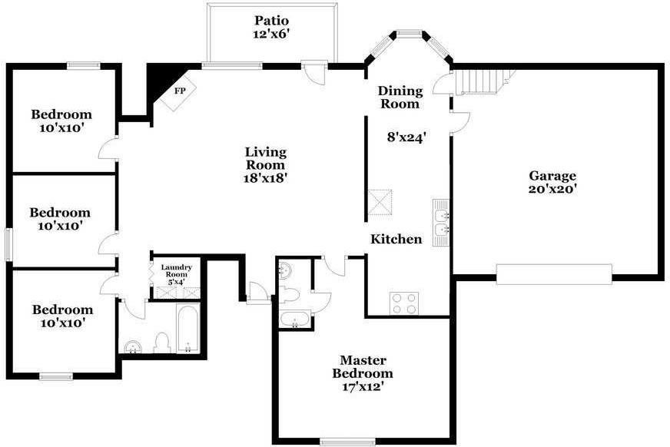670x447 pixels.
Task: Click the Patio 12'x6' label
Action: click(x=272, y=28)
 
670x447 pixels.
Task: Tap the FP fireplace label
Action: click(x=180, y=91)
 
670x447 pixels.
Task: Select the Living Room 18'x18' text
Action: click(x=265, y=165)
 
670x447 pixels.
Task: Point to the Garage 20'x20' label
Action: click(x=552, y=182)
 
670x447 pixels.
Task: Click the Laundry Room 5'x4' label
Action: click(x=176, y=274)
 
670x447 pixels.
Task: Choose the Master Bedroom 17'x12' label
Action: click(x=363, y=373)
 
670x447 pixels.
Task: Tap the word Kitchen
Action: click(x=396, y=239)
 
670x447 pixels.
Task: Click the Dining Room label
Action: click(x=400, y=98)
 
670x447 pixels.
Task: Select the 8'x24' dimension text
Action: click(x=406, y=137)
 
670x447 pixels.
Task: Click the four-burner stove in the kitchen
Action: click(x=404, y=303)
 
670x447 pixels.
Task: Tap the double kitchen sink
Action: click(x=441, y=223)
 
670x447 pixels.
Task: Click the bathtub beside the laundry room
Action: click(x=187, y=328)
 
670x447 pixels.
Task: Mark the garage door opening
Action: click(x=554, y=274)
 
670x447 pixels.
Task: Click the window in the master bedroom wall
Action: click(x=347, y=442)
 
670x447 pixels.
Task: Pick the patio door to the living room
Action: click(x=315, y=73)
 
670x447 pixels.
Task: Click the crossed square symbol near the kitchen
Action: click(x=380, y=202)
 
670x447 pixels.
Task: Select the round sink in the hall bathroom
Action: click(x=133, y=347)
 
